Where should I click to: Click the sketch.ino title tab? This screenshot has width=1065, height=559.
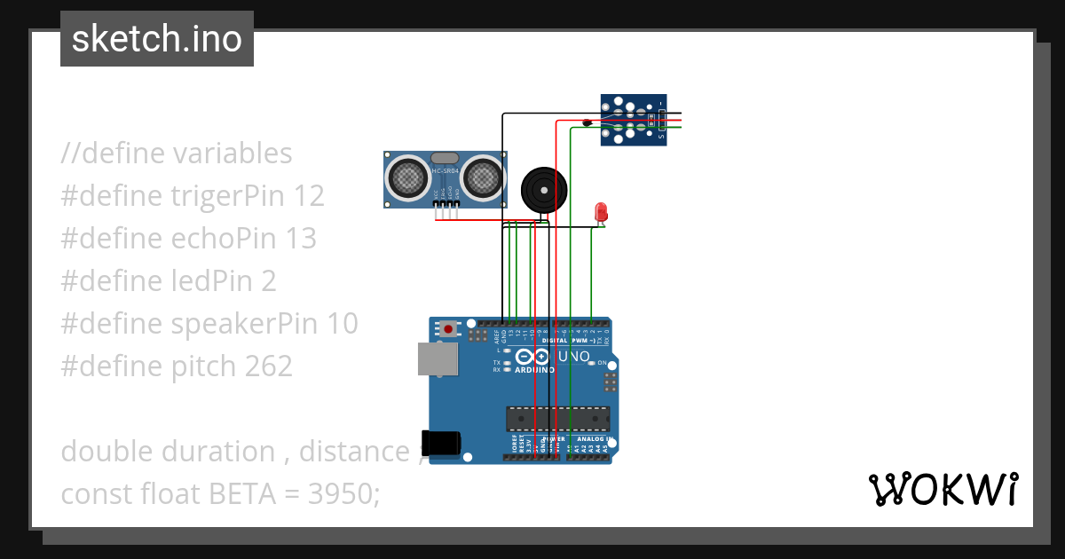(157, 39)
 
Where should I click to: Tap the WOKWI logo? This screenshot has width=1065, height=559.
(943, 489)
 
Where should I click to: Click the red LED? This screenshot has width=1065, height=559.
(601, 211)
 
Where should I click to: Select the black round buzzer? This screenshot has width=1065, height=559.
(542, 189)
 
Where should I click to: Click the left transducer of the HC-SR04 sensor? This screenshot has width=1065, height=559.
(407, 177)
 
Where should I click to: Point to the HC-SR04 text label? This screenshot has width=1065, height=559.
(445, 169)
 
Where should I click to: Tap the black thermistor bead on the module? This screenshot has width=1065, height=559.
(588, 122)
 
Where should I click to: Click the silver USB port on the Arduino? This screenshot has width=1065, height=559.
(438, 358)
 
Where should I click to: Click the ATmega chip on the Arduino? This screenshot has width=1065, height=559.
(557, 418)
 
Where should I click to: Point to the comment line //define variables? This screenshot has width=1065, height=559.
(177, 153)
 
